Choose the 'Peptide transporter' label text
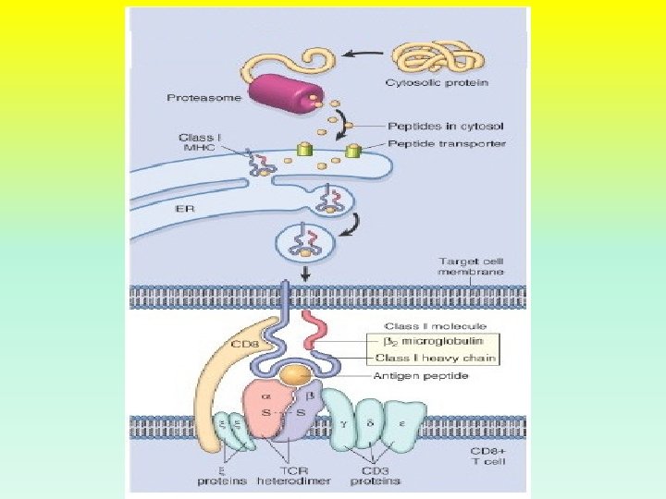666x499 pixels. (x=447, y=143)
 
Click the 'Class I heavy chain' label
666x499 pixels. (x=441, y=358)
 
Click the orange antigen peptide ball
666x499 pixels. (x=296, y=375)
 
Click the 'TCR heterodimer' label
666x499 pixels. (x=277, y=475)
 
